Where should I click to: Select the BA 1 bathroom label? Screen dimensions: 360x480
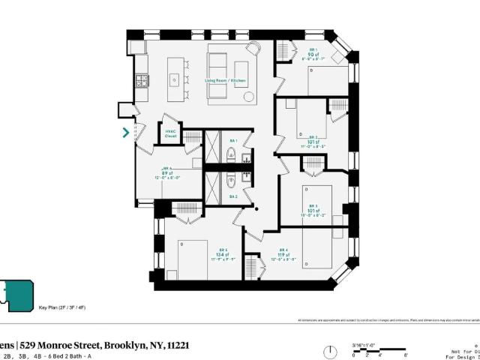(232, 141)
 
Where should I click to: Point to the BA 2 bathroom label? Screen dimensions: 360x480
(232, 196)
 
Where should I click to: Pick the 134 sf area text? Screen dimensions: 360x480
(223, 254)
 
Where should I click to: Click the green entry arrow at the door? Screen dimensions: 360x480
(126, 133)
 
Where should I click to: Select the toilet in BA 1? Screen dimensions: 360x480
(231, 156)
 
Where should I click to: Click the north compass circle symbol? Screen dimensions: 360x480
(328, 352)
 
